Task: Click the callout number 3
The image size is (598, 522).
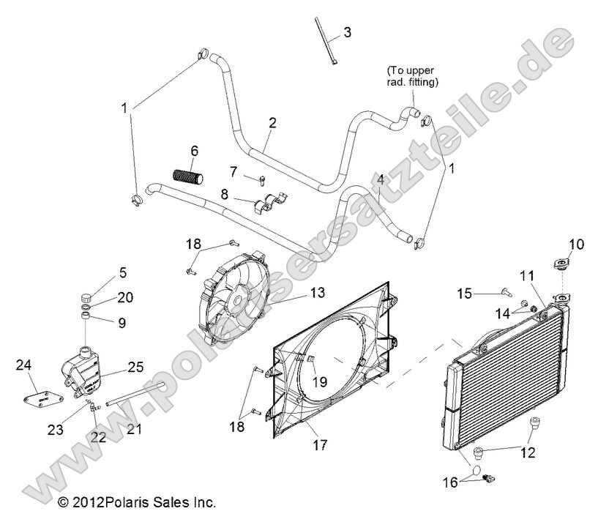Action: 347,32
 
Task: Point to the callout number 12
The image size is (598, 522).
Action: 528,452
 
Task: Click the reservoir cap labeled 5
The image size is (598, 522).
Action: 88,299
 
